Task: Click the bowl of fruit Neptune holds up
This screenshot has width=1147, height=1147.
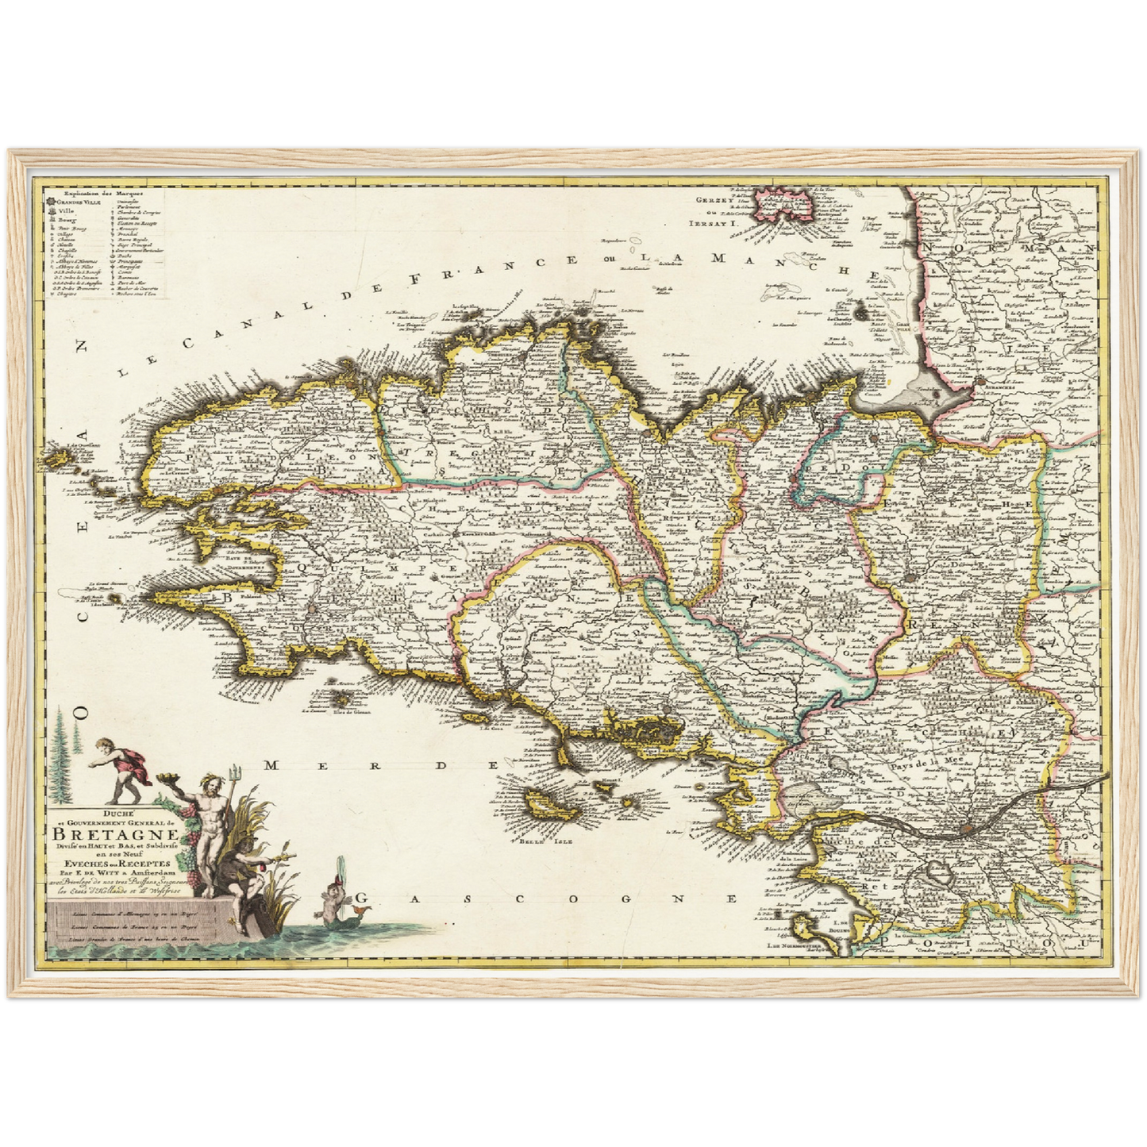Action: [x=169, y=779]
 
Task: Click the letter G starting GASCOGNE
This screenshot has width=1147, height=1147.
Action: [x=361, y=899]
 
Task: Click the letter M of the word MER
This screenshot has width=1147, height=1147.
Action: [x=272, y=765]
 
